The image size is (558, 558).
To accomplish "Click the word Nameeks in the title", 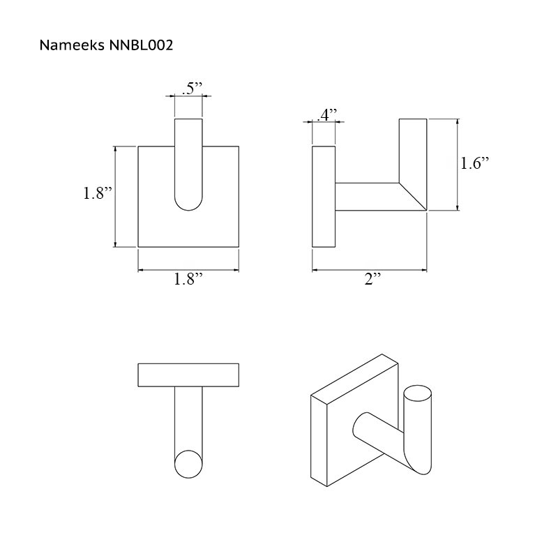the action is coord(72,45).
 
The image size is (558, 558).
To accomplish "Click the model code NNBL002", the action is coord(142,45).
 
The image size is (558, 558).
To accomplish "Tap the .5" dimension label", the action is coord(192,89).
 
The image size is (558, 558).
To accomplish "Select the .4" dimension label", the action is coord(326,115).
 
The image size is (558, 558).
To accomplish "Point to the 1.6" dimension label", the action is coord(475,163).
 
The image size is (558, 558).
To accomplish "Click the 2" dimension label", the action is coord(372,278).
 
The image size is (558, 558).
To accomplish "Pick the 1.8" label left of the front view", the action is coord(98,193).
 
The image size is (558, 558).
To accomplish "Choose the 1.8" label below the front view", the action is coord(188,278).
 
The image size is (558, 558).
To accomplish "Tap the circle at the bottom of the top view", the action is coord(188,464).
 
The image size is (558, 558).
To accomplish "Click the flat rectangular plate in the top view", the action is coord(188,375).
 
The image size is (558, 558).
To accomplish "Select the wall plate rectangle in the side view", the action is coord(324,197).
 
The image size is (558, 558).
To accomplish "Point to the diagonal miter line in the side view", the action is coord(413,197).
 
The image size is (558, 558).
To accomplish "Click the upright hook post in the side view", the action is coord(413,151).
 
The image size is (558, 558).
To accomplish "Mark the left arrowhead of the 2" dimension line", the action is coord(315,270).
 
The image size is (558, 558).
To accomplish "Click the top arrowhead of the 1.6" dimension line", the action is coord(458,121).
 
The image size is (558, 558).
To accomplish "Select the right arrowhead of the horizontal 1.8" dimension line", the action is coord(236,270).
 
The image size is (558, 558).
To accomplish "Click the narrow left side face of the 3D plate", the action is coord(319,441).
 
